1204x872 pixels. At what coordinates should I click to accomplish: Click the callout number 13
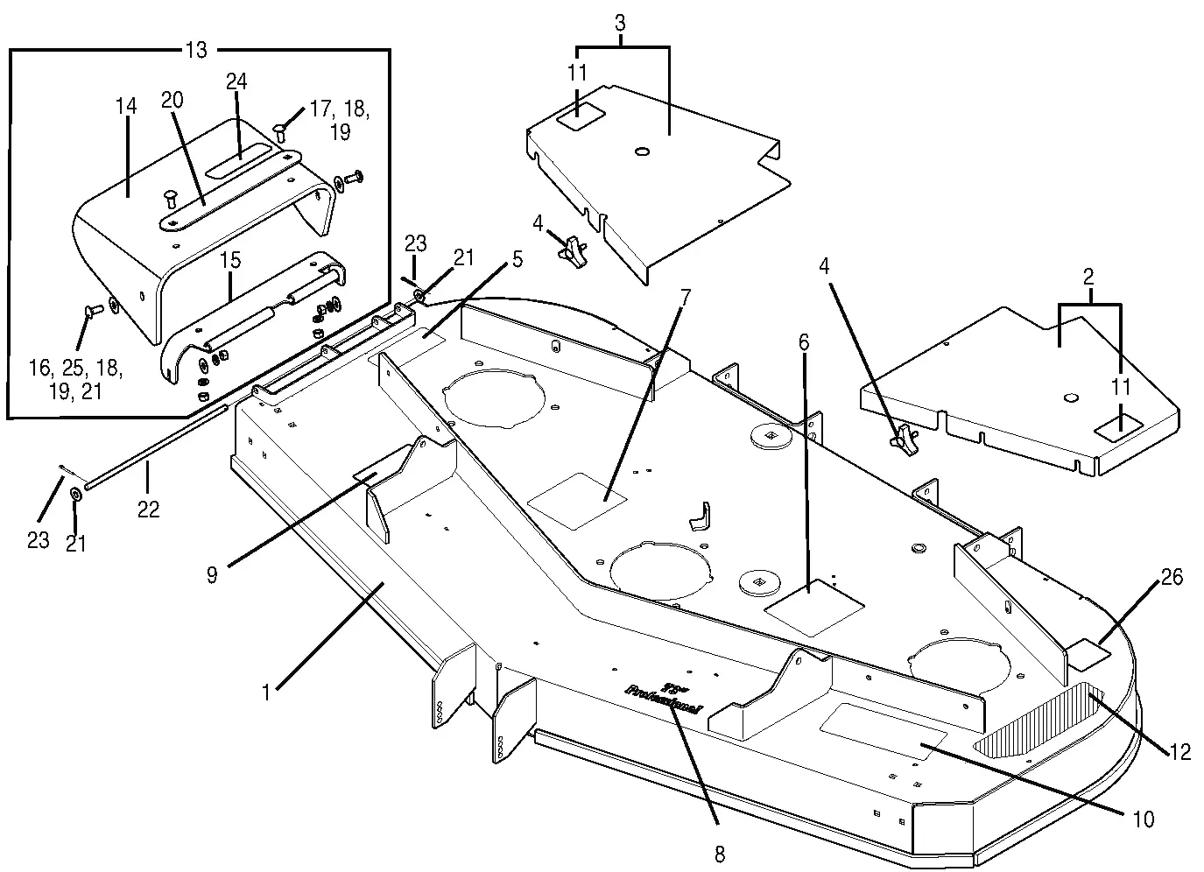tap(197, 50)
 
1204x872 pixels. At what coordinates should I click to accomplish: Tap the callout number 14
tap(126, 107)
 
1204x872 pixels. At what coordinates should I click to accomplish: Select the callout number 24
tap(236, 82)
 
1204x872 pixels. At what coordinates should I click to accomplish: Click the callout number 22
tap(149, 508)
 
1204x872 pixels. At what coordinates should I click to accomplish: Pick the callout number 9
tap(213, 574)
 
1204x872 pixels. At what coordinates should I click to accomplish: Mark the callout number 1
tap(265, 693)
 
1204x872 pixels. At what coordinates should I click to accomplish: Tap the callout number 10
tap(1144, 819)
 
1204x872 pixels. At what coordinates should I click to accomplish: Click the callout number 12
tap(1180, 751)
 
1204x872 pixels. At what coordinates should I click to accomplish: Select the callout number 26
tap(1172, 577)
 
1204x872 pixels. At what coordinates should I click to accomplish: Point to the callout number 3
tap(620, 24)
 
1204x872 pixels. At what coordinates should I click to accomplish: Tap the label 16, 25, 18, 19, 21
tap(86, 379)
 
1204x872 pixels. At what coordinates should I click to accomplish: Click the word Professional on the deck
tap(663, 700)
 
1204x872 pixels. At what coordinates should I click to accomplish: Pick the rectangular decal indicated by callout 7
tap(578, 500)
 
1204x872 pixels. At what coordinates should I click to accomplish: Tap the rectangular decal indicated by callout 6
tap(814, 606)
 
